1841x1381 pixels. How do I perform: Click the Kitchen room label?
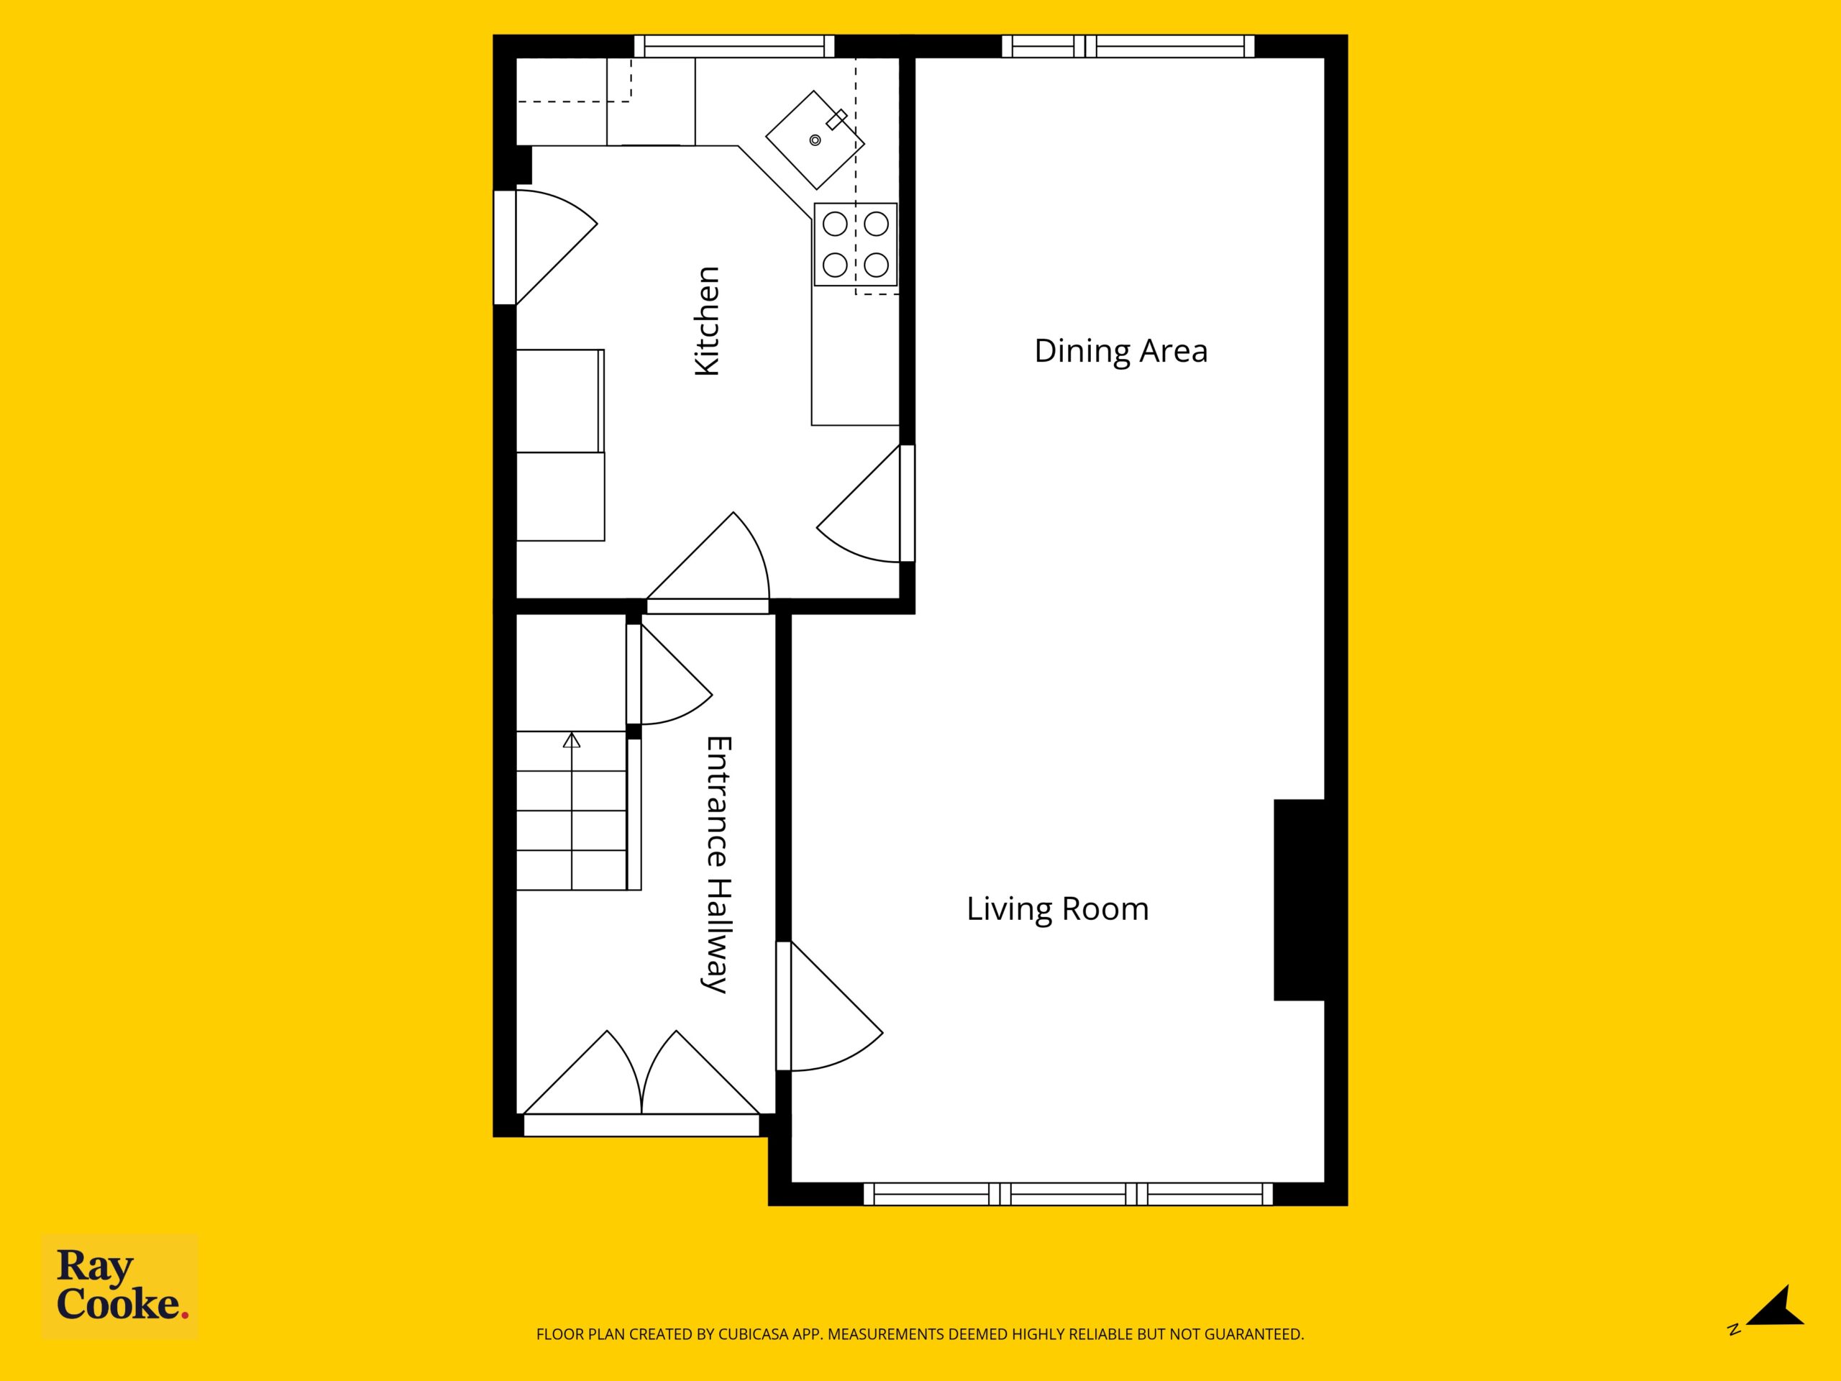(x=707, y=322)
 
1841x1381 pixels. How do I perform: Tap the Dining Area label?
(x=1120, y=351)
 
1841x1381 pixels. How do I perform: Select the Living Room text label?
(x=1057, y=909)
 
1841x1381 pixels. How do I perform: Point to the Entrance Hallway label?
(x=716, y=864)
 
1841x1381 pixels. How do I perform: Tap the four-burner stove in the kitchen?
(x=856, y=245)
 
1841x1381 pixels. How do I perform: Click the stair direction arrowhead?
(x=571, y=740)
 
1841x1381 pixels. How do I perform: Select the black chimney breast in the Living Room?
(x=1299, y=900)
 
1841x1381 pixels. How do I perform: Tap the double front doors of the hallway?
(x=641, y=1074)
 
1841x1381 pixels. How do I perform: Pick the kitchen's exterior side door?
(x=546, y=247)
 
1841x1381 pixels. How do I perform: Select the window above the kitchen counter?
(x=734, y=46)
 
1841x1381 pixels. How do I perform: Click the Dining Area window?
(x=1128, y=46)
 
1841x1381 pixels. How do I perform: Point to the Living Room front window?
(x=1069, y=1194)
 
